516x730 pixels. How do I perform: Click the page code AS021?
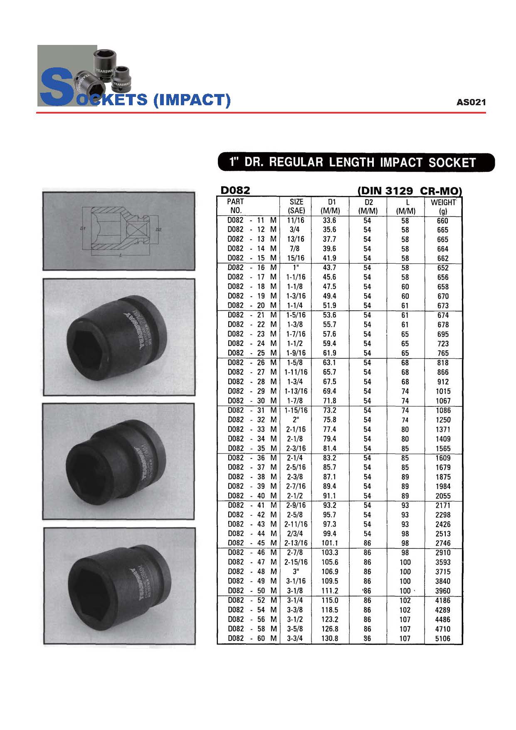coord(471,102)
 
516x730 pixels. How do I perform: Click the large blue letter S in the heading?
coord(56,88)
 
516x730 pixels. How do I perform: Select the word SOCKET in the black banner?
coord(452,163)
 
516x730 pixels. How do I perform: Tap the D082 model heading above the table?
coord(235,191)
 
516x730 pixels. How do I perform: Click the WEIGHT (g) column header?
coord(443,206)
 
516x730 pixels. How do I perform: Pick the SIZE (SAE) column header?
coord(296,206)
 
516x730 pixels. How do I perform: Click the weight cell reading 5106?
coord(442,638)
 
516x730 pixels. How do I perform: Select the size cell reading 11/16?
coord(296,220)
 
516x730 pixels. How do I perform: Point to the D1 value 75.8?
coord(329,420)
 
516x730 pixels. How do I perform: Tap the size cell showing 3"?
coord(296,572)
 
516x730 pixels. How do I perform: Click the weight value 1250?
coord(443,420)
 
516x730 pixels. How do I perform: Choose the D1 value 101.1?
coord(330,543)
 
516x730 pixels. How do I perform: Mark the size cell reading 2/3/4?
coord(296,534)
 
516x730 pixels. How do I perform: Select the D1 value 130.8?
coord(330,638)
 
